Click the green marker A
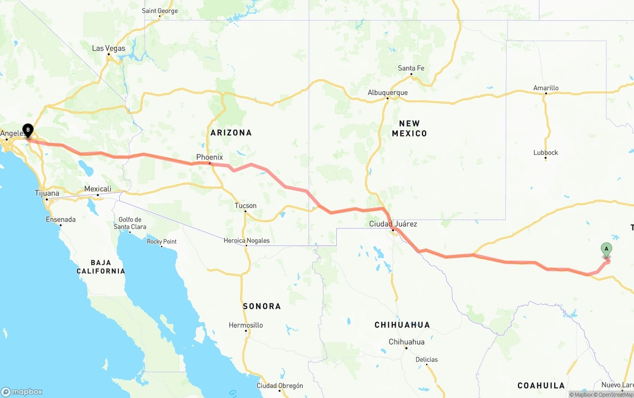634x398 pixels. coord(606,249)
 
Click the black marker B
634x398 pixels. coord(28,130)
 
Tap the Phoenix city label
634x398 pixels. coord(210,157)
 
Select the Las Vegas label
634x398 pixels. coord(108,49)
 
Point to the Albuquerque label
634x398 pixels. coord(387,93)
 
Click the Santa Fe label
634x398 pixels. coord(411,68)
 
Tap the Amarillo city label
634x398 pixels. coord(546,88)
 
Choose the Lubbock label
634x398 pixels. coord(545,153)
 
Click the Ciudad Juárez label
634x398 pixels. coord(393,224)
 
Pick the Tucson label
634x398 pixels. coord(246,206)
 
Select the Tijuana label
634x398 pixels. coord(47,193)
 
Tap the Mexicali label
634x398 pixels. coord(98,189)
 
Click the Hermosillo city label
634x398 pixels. coord(246,326)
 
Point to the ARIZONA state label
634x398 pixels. coord(231,133)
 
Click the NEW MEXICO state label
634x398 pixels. coord(409,128)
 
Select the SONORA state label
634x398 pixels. coord(262,306)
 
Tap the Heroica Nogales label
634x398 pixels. coord(246,241)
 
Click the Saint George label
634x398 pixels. coord(159,10)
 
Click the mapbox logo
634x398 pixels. coord(22,392)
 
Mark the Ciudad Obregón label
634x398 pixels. coord(279,386)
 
